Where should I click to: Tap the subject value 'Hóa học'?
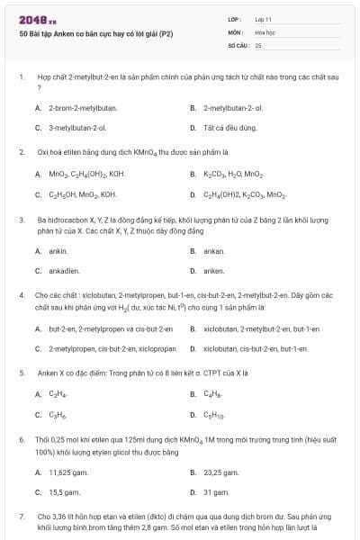(264, 31)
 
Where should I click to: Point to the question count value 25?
(258, 44)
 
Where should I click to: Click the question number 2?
(21, 152)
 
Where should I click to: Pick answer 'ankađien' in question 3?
(65, 271)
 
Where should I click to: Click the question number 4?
(21, 295)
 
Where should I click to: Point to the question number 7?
(21, 517)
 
